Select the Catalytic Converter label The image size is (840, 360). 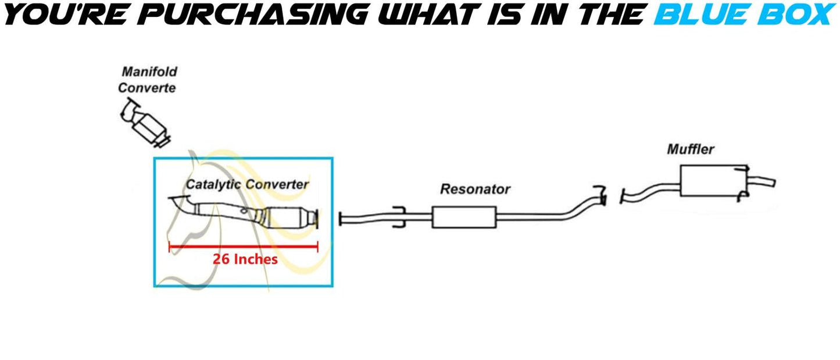[247, 184]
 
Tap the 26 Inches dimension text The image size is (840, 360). [245, 259]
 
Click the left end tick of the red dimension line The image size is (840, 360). [169, 247]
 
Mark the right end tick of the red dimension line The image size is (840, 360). [317, 247]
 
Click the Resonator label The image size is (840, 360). [475, 189]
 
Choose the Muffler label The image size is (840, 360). [690, 149]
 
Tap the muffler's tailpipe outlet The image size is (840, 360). [763, 181]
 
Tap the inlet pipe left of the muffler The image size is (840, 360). [648, 191]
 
